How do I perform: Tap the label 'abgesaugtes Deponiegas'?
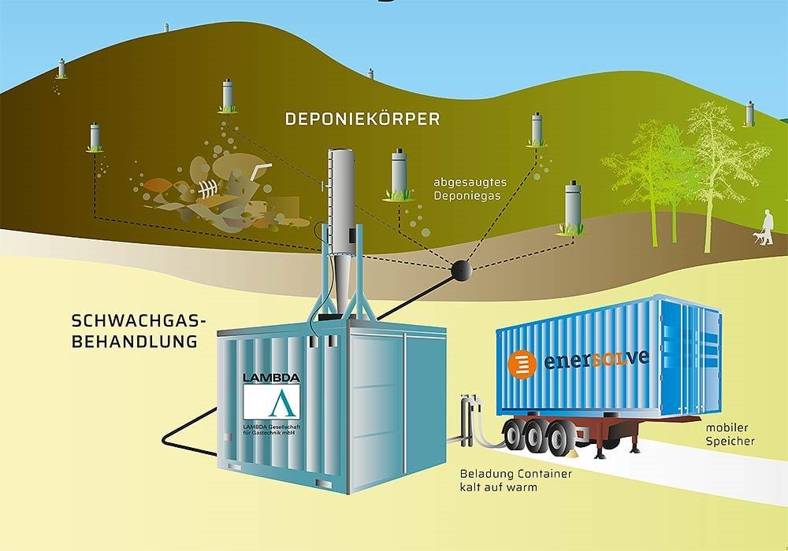tap(469, 190)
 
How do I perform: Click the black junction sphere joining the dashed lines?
tap(460, 270)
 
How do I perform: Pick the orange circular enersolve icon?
tap(520, 364)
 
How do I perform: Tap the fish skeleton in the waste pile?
tap(206, 190)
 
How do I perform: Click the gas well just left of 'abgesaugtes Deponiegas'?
tap(400, 175)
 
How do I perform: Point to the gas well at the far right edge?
tap(749, 114)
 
